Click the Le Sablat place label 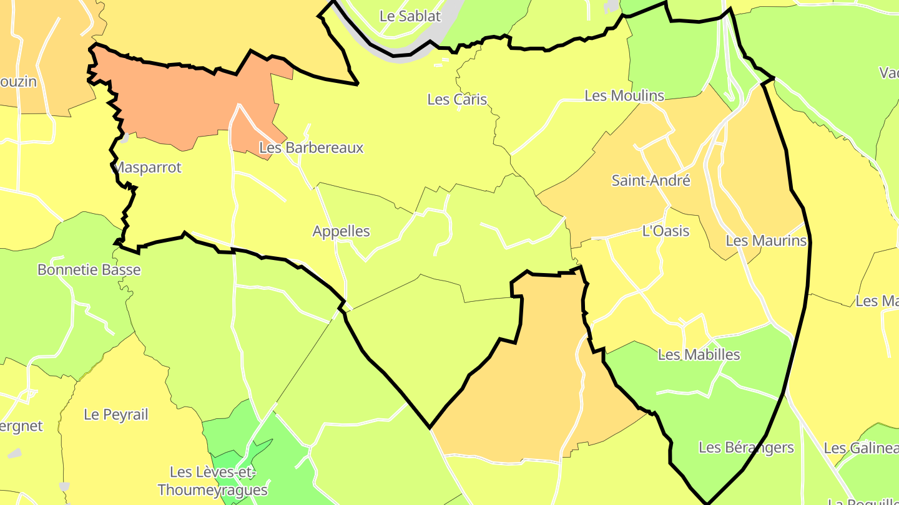[410, 16]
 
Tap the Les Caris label [457, 99]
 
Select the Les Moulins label [624, 95]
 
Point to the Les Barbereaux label [311, 148]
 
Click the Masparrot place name [147, 168]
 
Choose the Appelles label [341, 231]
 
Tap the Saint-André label [651, 181]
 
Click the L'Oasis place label [666, 231]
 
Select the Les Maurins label [767, 241]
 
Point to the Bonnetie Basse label [89, 270]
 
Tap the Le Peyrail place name [116, 415]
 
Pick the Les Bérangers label [746, 447]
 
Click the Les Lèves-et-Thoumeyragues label [213, 481]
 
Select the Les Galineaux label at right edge [861, 448]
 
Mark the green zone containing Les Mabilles [718, 399]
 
